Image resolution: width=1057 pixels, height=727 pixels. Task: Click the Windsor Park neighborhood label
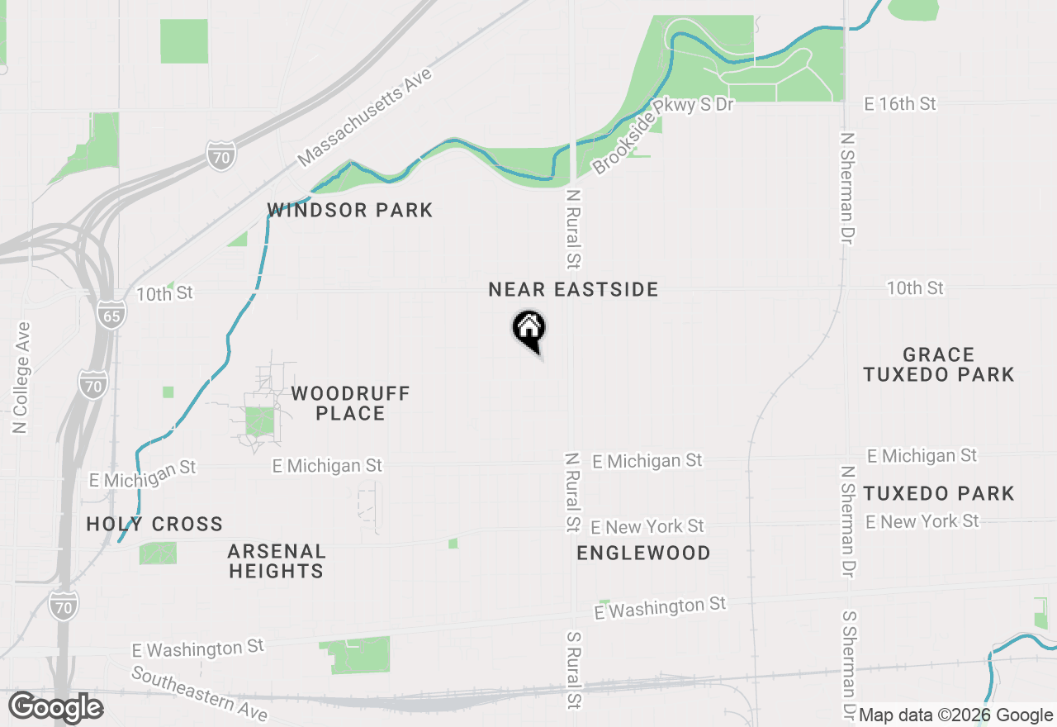tap(350, 211)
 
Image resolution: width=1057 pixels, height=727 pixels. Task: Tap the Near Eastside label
tap(573, 290)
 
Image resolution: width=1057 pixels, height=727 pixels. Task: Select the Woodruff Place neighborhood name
tap(350, 403)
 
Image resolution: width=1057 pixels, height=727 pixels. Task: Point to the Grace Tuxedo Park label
tap(938, 365)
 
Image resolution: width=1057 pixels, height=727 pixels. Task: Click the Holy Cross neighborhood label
tap(154, 525)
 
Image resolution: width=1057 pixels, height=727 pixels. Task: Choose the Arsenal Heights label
tap(277, 561)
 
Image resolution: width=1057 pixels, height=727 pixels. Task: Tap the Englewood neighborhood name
tap(643, 554)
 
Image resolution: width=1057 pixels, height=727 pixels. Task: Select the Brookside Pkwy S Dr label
tap(663, 134)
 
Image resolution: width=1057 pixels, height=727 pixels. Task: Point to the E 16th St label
tap(900, 104)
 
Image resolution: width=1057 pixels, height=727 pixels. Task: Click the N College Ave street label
tap(21, 378)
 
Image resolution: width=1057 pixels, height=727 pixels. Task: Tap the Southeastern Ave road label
tap(199, 693)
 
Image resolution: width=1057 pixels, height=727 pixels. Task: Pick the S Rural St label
tap(574, 671)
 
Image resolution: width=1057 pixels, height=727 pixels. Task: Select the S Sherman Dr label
tap(848, 666)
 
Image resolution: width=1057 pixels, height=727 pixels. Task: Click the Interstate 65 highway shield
tap(111, 315)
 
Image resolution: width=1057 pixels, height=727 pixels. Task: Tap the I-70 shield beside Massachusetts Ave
tap(221, 155)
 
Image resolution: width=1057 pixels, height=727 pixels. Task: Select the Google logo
tap(56, 707)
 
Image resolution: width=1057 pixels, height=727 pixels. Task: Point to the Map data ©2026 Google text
tap(955, 715)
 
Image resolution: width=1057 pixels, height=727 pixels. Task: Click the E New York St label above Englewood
tap(647, 527)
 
